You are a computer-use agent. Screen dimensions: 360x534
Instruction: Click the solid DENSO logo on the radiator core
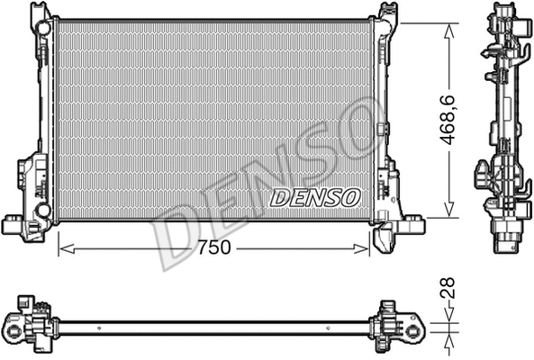[x=315, y=195]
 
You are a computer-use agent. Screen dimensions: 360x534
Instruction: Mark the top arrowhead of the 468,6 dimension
[x=448, y=27]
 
